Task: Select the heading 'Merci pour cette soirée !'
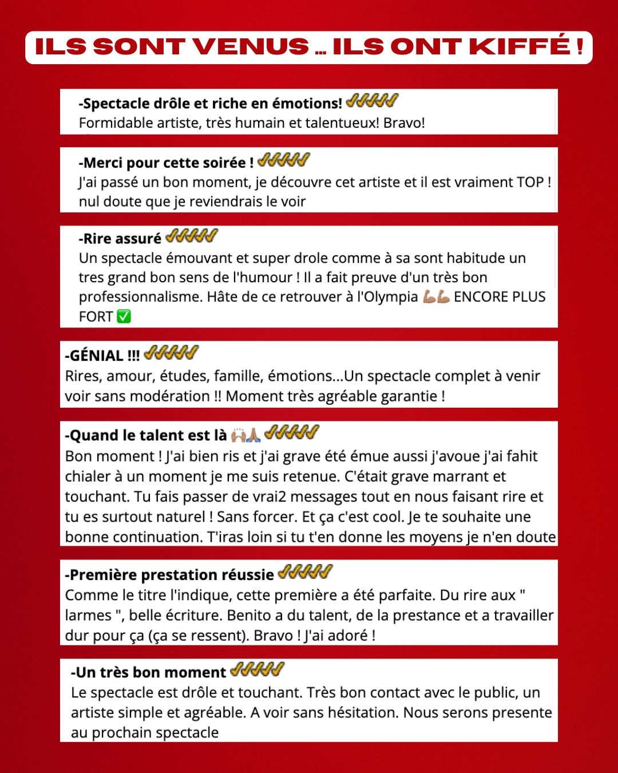(x=166, y=163)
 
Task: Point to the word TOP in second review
(x=530, y=183)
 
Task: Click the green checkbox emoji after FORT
(x=124, y=317)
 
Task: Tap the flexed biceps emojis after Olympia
(x=436, y=297)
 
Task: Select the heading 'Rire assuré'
(x=120, y=239)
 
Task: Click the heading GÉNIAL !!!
(x=102, y=356)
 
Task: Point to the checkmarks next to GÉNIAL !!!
(x=171, y=353)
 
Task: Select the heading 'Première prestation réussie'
(x=169, y=575)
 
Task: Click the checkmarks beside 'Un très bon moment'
(x=257, y=669)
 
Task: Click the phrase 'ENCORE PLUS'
(x=500, y=297)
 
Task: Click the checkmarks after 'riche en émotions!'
(x=372, y=101)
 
